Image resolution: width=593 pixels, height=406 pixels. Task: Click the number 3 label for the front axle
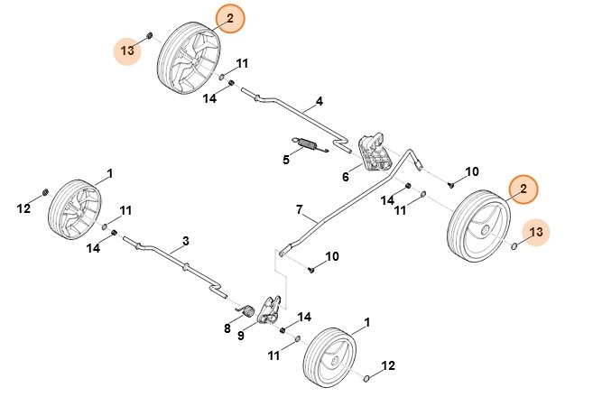pyautogui.click(x=185, y=241)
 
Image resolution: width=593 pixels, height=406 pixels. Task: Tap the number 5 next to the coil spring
pyautogui.click(x=285, y=160)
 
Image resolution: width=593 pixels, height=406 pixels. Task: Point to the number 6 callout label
pyautogui.click(x=345, y=177)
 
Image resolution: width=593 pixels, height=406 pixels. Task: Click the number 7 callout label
pyautogui.click(x=299, y=209)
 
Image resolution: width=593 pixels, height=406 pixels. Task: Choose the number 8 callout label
pyautogui.click(x=227, y=328)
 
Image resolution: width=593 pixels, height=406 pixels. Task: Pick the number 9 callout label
pyautogui.click(x=241, y=336)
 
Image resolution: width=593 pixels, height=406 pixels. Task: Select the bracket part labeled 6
pyautogui.click(x=373, y=152)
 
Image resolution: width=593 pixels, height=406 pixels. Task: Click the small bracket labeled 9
pyautogui.click(x=268, y=308)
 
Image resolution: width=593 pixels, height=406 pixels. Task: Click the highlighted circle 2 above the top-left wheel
pyautogui.click(x=229, y=18)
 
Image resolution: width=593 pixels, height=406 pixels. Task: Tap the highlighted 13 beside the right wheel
pyautogui.click(x=536, y=233)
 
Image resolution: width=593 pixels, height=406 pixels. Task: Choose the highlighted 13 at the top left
pyautogui.click(x=128, y=51)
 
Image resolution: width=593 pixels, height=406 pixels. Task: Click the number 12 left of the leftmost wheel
pyautogui.click(x=24, y=209)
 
